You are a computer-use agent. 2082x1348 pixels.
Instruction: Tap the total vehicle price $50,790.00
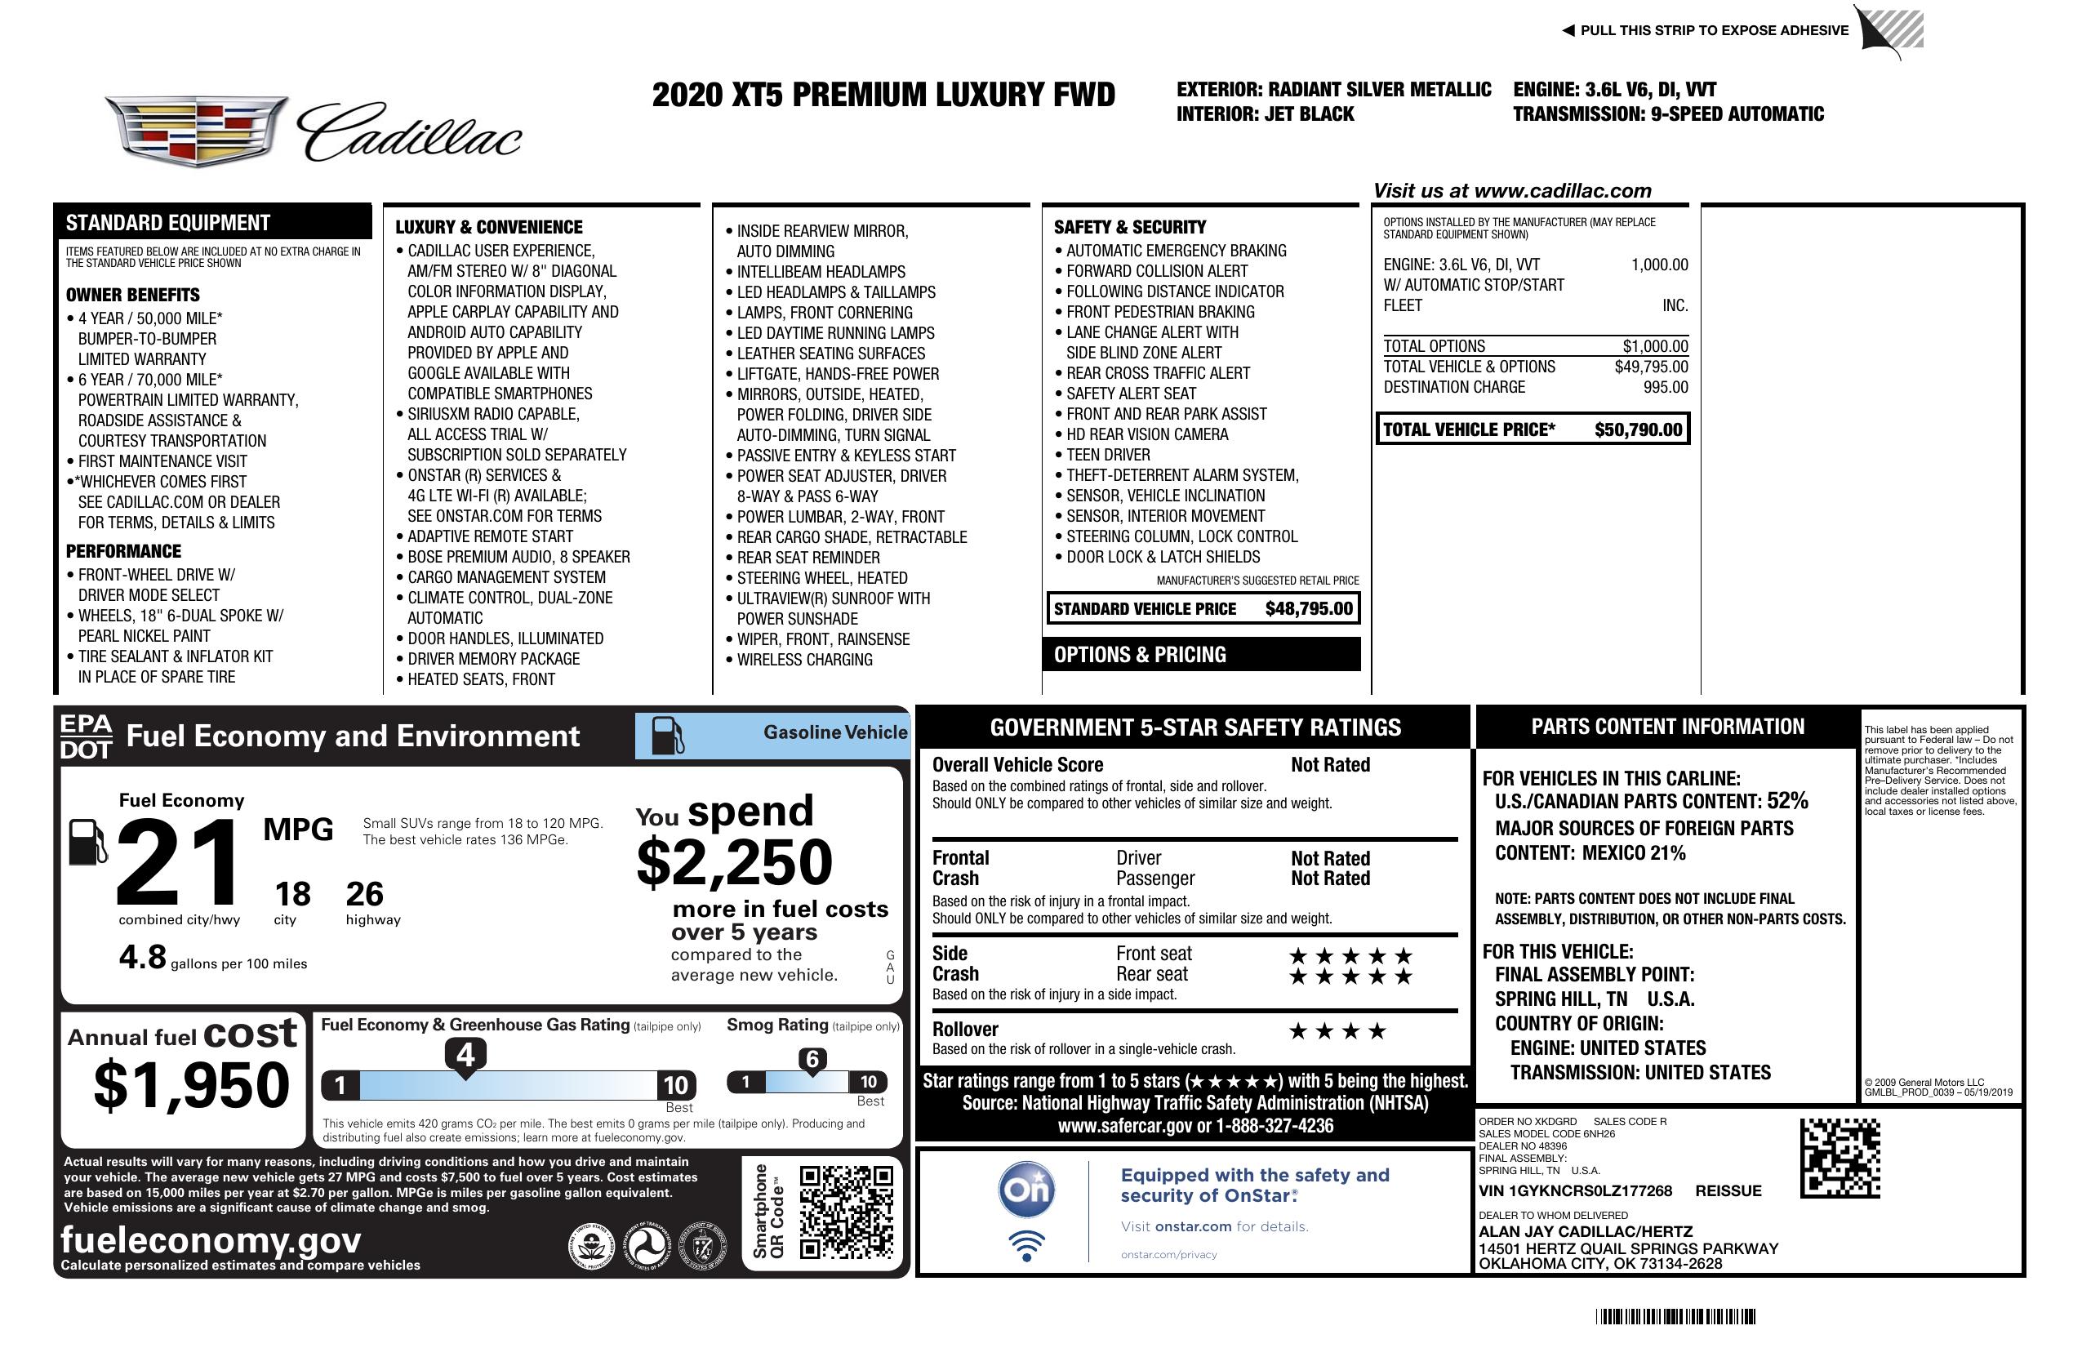(x=1638, y=429)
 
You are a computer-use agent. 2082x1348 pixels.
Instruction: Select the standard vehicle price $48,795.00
(x=1309, y=609)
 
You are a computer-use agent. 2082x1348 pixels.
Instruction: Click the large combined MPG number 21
(x=178, y=862)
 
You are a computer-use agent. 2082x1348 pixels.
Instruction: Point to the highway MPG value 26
(x=364, y=894)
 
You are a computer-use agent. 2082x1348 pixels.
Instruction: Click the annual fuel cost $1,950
(x=191, y=1085)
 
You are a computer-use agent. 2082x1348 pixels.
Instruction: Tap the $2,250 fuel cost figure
(x=734, y=862)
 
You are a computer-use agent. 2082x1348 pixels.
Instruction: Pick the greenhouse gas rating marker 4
(x=465, y=1055)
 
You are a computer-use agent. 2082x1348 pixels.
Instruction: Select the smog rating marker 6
(x=812, y=1059)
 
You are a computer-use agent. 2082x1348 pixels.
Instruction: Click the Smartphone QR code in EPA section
(x=846, y=1211)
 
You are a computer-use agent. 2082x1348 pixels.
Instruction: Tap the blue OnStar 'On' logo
(x=1026, y=1190)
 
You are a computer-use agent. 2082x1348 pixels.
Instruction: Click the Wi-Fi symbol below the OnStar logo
(x=1026, y=1245)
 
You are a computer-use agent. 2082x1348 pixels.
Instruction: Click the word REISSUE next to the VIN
(x=1728, y=1190)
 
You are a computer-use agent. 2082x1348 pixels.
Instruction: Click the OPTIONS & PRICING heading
(x=1139, y=654)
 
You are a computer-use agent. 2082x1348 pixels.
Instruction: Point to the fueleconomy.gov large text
(x=211, y=1240)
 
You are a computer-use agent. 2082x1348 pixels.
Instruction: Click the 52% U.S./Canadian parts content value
(x=1787, y=801)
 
